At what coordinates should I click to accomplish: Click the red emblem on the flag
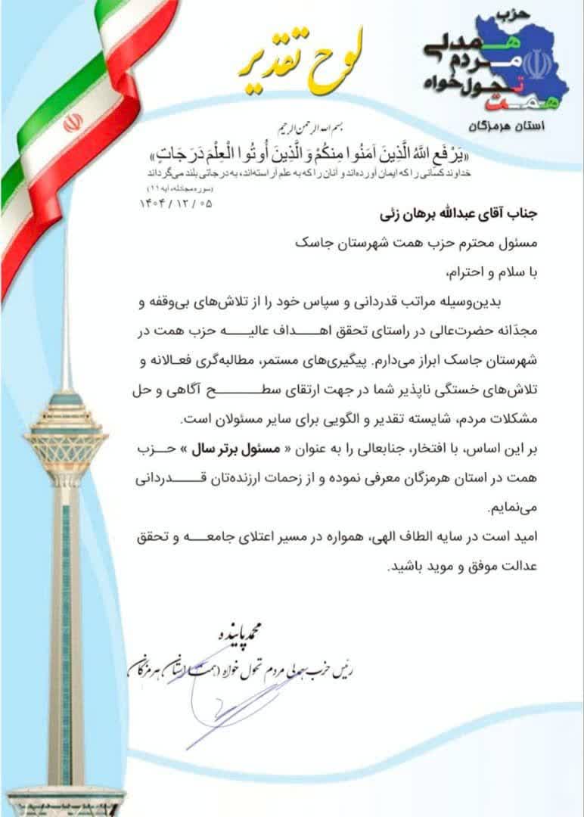[73, 122]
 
